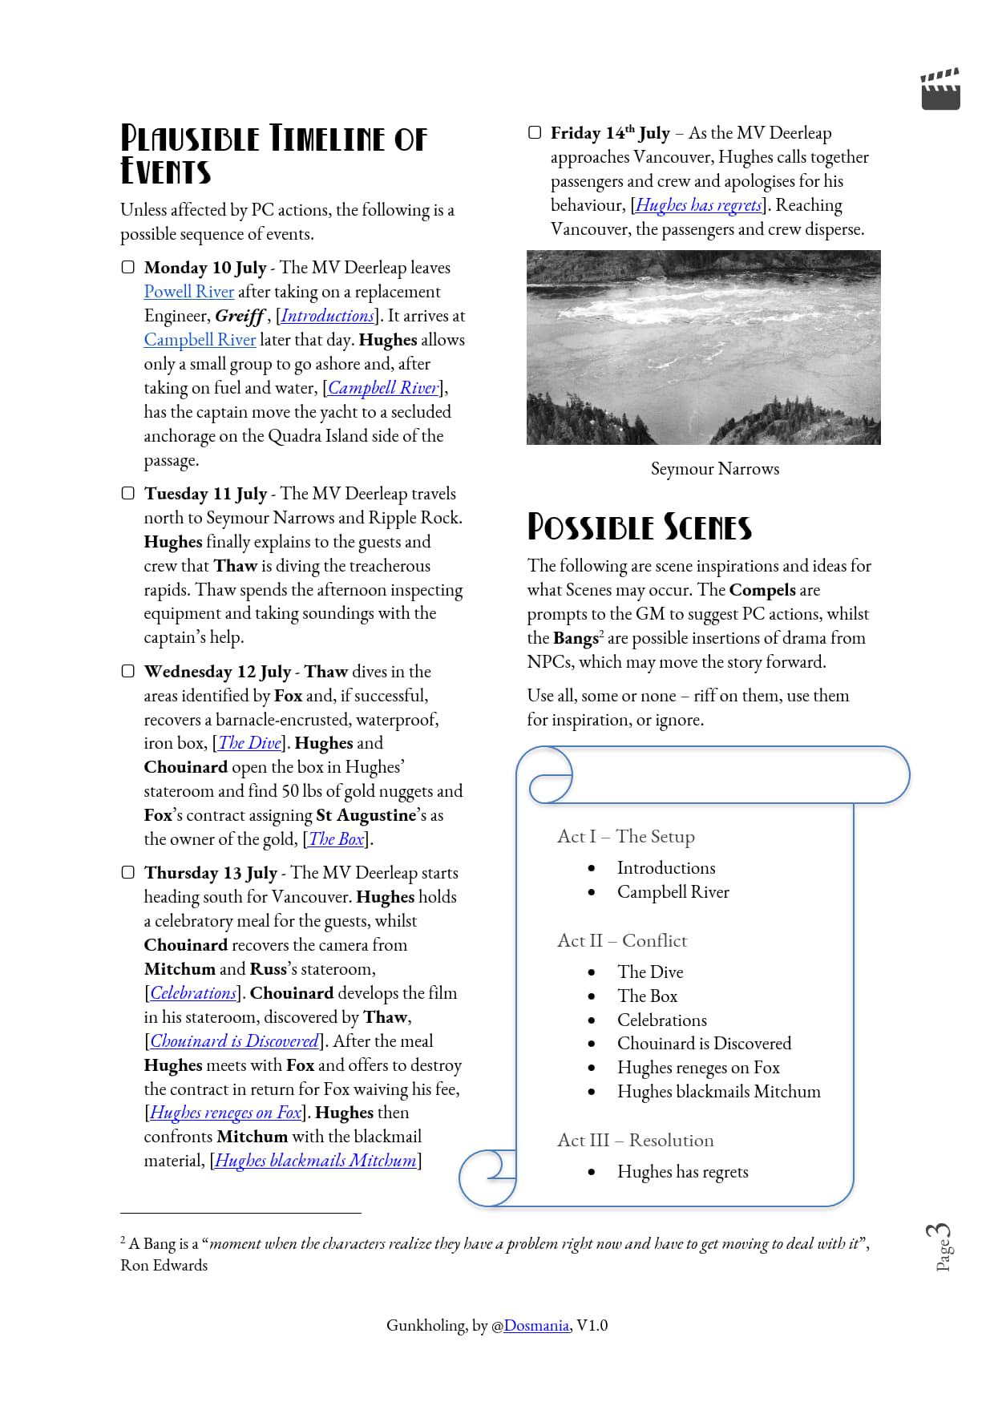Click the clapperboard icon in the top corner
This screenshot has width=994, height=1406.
pyautogui.click(x=940, y=89)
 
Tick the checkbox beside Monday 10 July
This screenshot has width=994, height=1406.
pyautogui.click(x=128, y=267)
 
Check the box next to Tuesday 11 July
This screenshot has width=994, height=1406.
pyautogui.click(x=128, y=493)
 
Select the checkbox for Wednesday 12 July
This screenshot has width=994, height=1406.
pyautogui.click(x=128, y=671)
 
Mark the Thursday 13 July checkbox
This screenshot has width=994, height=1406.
pyautogui.click(x=128, y=872)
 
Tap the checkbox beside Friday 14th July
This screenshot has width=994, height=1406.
pyautogui.click(x=535, y=132)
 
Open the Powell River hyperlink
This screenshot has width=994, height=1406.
pyautogui.click(x=189, y=292)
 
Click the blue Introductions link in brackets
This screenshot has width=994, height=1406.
pyautogui.click(x=327, y=316)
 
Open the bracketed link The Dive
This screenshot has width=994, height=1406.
pyautogui.click(x=249, y=743)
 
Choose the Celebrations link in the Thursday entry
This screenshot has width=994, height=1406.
pyautogui.click(x=193, y=993)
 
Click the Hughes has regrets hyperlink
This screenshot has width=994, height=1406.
pyautogui.click(x=698, y=205)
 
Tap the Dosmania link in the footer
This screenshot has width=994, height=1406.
pyautogui.click(x=536, y=1326)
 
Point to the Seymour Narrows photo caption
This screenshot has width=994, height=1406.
pyautogui.click(x=714, y=469)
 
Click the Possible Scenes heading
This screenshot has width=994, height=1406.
pyautogui.click(x=639, y=527)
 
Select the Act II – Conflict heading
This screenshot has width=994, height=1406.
pyautogui.click(x=622, y=940)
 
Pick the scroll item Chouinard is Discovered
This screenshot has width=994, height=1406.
pyautogui.click(x=704, y=1044)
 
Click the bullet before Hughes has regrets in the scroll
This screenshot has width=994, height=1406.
pyautogui.click(x=592, y=1172)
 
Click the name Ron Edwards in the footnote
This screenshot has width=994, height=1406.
pyautogui.click(x=164, y=1266)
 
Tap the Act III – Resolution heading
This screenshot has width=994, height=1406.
pyautogui.click(x=635, y=1140)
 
